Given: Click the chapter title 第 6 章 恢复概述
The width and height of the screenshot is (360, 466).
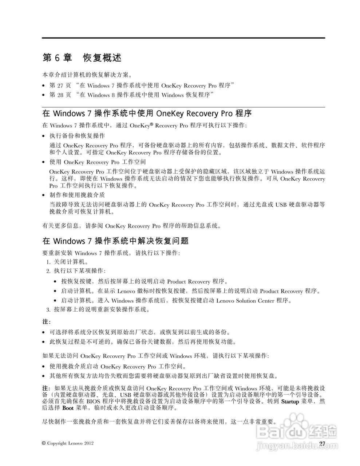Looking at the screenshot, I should [x=82, y=58].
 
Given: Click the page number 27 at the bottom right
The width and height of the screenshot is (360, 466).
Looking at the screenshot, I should [x=322, y=443].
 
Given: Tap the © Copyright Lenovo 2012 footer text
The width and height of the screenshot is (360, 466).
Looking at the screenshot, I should [x=68, y=443].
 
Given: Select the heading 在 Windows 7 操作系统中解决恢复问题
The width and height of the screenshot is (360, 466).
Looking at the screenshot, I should [x=115, y=241].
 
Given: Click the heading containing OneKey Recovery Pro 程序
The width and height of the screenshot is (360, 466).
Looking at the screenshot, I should [x=147, y=113].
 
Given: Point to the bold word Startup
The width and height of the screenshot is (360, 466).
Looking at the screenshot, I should [x=290, y=402].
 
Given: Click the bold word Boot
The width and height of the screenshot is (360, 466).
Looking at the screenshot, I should [x=68, y=408].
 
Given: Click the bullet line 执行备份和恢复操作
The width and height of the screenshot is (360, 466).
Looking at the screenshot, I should [x=77, y=136].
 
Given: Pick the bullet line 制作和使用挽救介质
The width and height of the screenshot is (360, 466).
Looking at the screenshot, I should [x=77, y=195].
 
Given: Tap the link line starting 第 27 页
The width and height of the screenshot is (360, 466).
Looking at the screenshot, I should [x=141, y=86].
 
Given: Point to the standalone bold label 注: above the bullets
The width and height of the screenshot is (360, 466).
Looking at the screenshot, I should [x=47, y=322].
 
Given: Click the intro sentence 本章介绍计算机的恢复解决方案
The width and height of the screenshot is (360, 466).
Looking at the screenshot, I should [x=87, y=75].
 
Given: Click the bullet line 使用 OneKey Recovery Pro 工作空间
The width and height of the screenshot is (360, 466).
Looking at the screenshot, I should [x=98, y=162].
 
